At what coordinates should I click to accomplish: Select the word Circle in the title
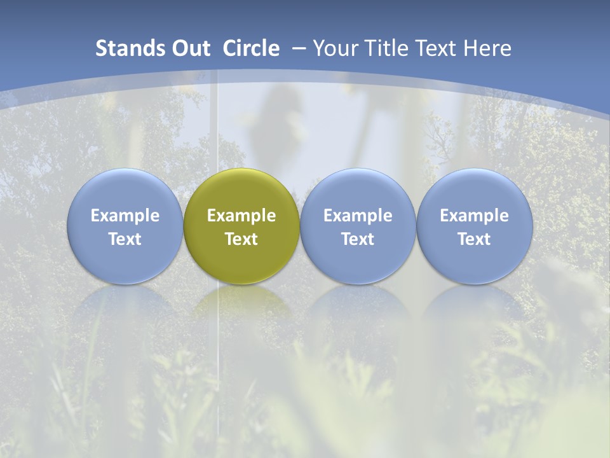251,48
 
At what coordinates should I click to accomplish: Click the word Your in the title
334,48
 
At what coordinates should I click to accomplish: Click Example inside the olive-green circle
241,216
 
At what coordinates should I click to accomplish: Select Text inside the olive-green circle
241,239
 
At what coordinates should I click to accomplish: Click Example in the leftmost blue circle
125,216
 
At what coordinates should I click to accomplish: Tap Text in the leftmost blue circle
125,239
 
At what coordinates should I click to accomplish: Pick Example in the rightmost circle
474,216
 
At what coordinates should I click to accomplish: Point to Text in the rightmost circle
474,239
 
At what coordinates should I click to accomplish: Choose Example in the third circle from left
358,216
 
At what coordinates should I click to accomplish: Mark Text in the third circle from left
358,239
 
